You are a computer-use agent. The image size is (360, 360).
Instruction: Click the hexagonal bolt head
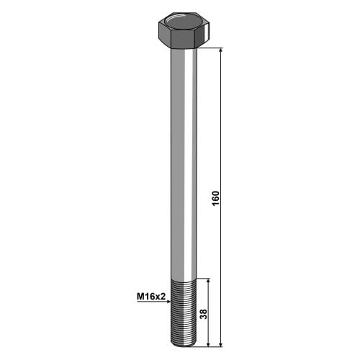(x=184, y=30)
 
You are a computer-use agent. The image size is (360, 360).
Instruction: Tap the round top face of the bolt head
(x=184, y=22)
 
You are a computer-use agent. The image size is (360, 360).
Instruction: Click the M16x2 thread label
(x=151, y=297)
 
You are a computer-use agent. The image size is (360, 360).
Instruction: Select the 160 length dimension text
(x=216, y=198)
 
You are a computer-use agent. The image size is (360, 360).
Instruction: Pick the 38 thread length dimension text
(x=203, y=314)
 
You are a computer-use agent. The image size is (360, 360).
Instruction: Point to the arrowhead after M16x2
(x=168, y=302)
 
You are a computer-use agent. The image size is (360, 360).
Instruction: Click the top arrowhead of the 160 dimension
(x=221, y=50)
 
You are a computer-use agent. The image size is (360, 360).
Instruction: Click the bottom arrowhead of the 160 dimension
(x=221, y=344)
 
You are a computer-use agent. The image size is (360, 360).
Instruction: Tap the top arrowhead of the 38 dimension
(x=208, y=282)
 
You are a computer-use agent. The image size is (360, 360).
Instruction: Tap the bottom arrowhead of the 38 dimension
(x=208, y=344)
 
